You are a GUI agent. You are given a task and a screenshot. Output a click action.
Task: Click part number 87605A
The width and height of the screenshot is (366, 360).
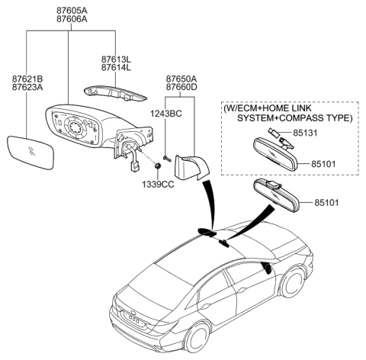tap(71, 11)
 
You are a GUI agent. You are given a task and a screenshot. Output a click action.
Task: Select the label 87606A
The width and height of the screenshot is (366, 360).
tap(71, 21)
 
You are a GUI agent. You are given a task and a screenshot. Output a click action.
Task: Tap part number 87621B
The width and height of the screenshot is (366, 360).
tap(27, 79)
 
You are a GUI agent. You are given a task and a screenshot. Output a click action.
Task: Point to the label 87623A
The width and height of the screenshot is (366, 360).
tap(27, 89)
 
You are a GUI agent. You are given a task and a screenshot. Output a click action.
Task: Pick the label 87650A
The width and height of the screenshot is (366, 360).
tap(181, 79)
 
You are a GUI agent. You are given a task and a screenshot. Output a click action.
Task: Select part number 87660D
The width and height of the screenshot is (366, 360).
tap(181, 88)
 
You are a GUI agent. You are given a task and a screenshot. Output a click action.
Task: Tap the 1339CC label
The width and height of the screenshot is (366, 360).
tap(158, 185)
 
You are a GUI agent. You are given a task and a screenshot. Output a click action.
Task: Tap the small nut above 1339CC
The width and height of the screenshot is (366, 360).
tap(157, 166)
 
